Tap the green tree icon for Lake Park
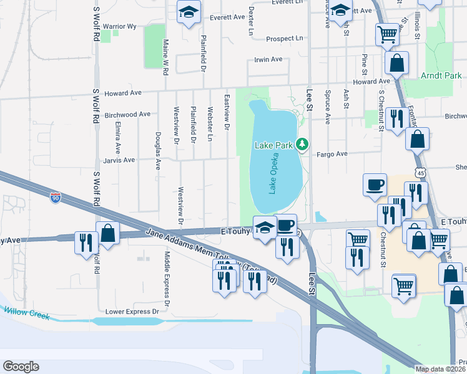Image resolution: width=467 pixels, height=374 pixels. coord(302,145)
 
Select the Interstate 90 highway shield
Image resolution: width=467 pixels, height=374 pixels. coord(56,198)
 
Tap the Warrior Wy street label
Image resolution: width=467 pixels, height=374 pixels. coord(119,26)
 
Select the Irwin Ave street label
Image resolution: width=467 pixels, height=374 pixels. coord(268,59)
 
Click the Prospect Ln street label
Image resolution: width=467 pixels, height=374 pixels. coord(284,39)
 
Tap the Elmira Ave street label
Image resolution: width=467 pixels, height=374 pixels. coord(117,137)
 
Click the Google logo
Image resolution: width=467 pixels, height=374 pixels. coord(21,367)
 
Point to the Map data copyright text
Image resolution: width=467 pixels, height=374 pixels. coord(441,369)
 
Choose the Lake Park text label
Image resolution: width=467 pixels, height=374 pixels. coord(273,145)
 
